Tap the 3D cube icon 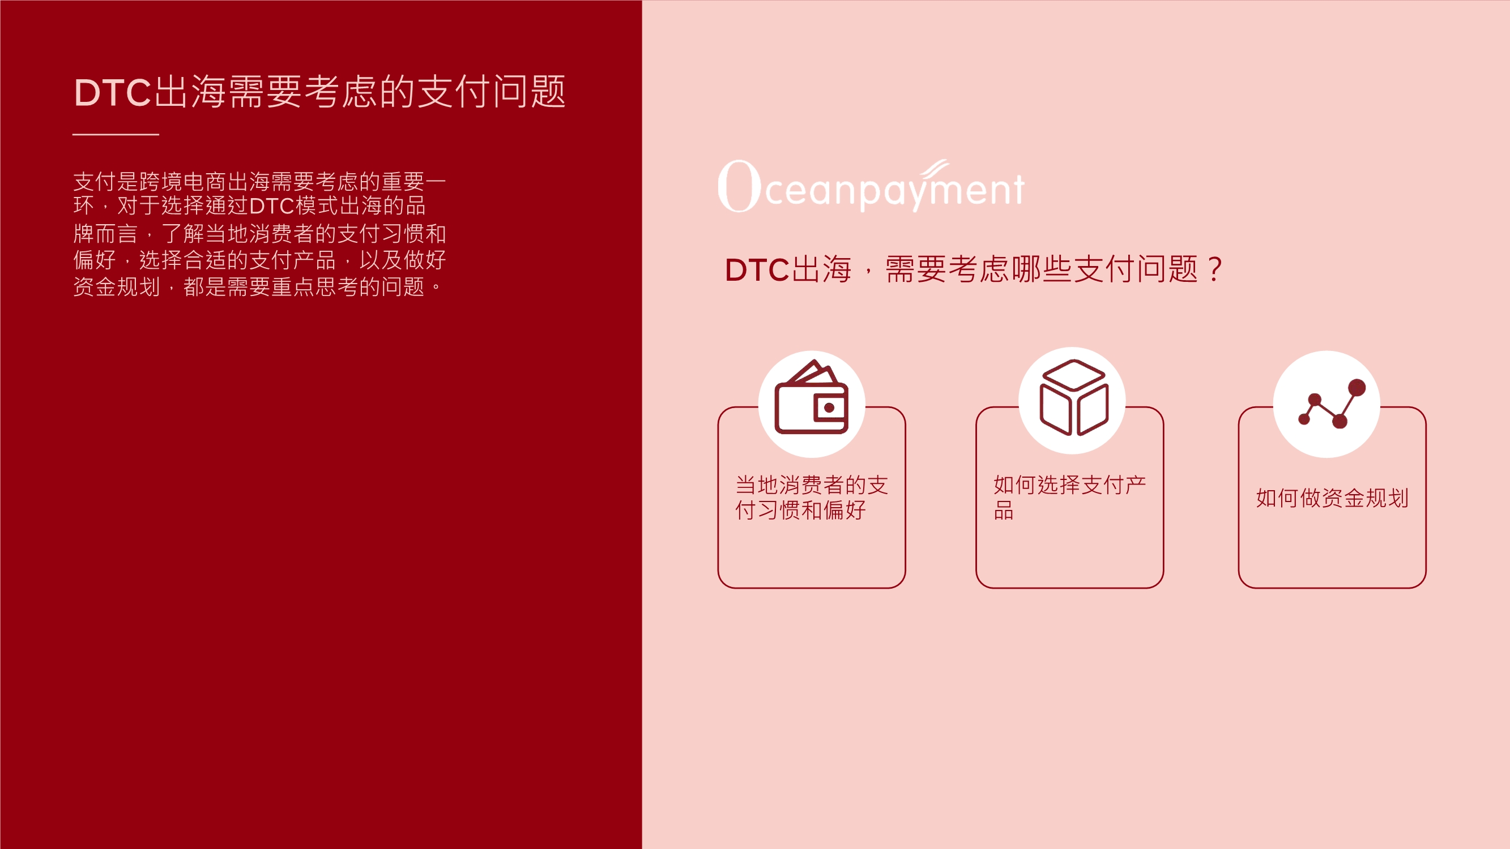[x=1073, y=398]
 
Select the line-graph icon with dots [x=1329, y=404]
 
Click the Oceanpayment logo [x=871, y=186]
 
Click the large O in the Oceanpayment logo [x=739, y=186]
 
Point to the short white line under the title [x=116, y=134]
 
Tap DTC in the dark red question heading [x=757, y=270]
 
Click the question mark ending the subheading [x=1215, y=269]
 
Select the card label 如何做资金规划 [x=1332, y=498]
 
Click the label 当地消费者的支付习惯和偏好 [x=811, y=498]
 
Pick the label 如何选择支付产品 [x=1069, y=498]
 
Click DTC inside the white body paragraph [x=271, y=206]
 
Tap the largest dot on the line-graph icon [x=1357, y=387]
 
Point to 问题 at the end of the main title [x=530, y=93]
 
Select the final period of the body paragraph [x=436, y=287]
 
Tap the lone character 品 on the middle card [x=1004, y=511]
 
